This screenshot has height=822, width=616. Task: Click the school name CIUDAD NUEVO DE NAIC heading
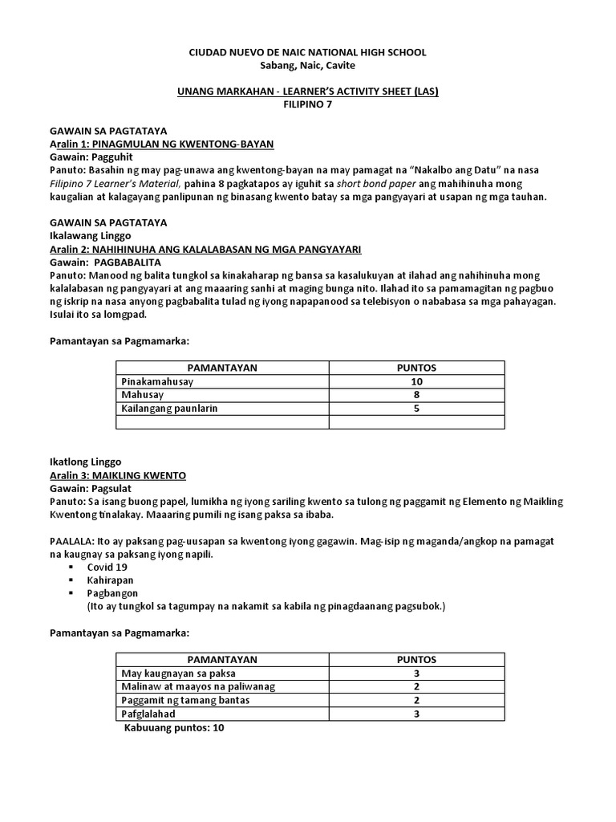pyautogui.click(x=307, y=52)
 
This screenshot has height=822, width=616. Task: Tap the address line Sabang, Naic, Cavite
pyautogui.click(x=307, y=65)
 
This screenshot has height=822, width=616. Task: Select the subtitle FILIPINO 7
pyautogui.click(x=307, y=104)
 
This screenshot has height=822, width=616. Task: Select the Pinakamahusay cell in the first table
pyautogui.click(x=157, y=381)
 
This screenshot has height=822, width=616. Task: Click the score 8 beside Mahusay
pyautogui.click(x=416, y=394)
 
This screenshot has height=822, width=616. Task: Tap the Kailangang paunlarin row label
pyautogui.click(x=169, y=408)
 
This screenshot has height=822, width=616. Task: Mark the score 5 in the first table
pyautogui.click(x=416, y=408)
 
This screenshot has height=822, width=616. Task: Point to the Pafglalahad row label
pyautogui.click(x=148, y=713)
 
